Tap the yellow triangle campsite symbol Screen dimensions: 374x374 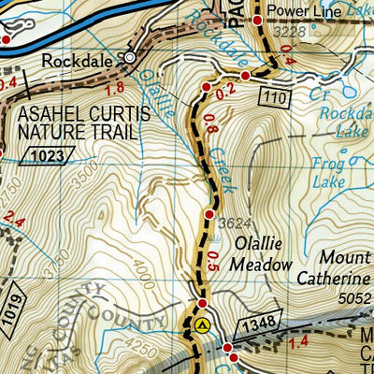tap(204, 325)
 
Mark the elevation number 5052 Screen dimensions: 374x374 tap(356, 298)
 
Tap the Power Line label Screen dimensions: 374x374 tap(302, 11)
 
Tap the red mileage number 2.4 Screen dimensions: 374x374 tap(13, 223)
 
